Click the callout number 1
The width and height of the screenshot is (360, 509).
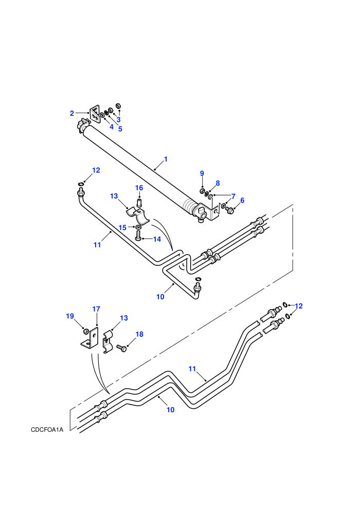(x=166, y=159)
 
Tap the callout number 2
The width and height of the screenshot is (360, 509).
(x=71, y=113)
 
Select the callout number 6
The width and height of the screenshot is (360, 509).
(x=242, y=201)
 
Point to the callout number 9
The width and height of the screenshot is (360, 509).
(x=202, y=173)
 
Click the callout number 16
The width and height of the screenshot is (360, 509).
(x=139, y=188)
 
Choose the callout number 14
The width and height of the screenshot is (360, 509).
(x=157, y=239)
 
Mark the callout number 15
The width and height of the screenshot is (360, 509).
(x=122, y=228)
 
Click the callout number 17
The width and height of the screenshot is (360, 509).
(x=96, y=309)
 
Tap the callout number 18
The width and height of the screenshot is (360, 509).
(x=139, y=334)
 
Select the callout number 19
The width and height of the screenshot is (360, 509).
(x=70, y=316)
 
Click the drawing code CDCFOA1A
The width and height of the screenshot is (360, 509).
(x=47, y=430)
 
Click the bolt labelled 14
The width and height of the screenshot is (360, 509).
(x=138, y=235)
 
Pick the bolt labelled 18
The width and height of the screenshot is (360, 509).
(x=121, y=349)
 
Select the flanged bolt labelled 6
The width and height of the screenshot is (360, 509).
(x=229, y=210)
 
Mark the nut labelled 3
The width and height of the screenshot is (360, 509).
(x=118, y=106)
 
